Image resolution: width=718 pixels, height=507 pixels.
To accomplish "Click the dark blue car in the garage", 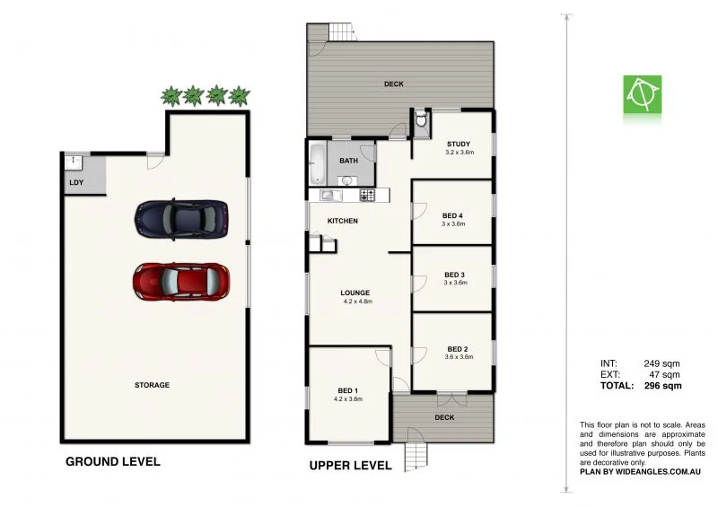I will coord(180,219).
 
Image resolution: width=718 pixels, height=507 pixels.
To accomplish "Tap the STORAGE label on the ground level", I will coord(152,385).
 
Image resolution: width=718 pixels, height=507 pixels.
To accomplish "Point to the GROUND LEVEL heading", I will coord(113,462).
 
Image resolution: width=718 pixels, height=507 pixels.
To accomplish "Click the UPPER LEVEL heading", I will coord(350,466).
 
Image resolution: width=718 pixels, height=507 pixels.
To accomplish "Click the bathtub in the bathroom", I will coord(318,163).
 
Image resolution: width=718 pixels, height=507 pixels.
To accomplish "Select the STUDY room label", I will coord(458,144).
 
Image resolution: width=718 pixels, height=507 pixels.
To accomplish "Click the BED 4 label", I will coord(453,215).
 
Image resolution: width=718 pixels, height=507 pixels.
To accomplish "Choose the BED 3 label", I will coord(455,275).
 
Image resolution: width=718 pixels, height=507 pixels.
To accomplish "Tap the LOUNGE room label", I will coord(355,293).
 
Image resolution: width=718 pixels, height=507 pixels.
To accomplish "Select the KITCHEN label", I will coord(343,221).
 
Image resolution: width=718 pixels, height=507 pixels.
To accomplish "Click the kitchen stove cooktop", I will coord(367,195).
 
